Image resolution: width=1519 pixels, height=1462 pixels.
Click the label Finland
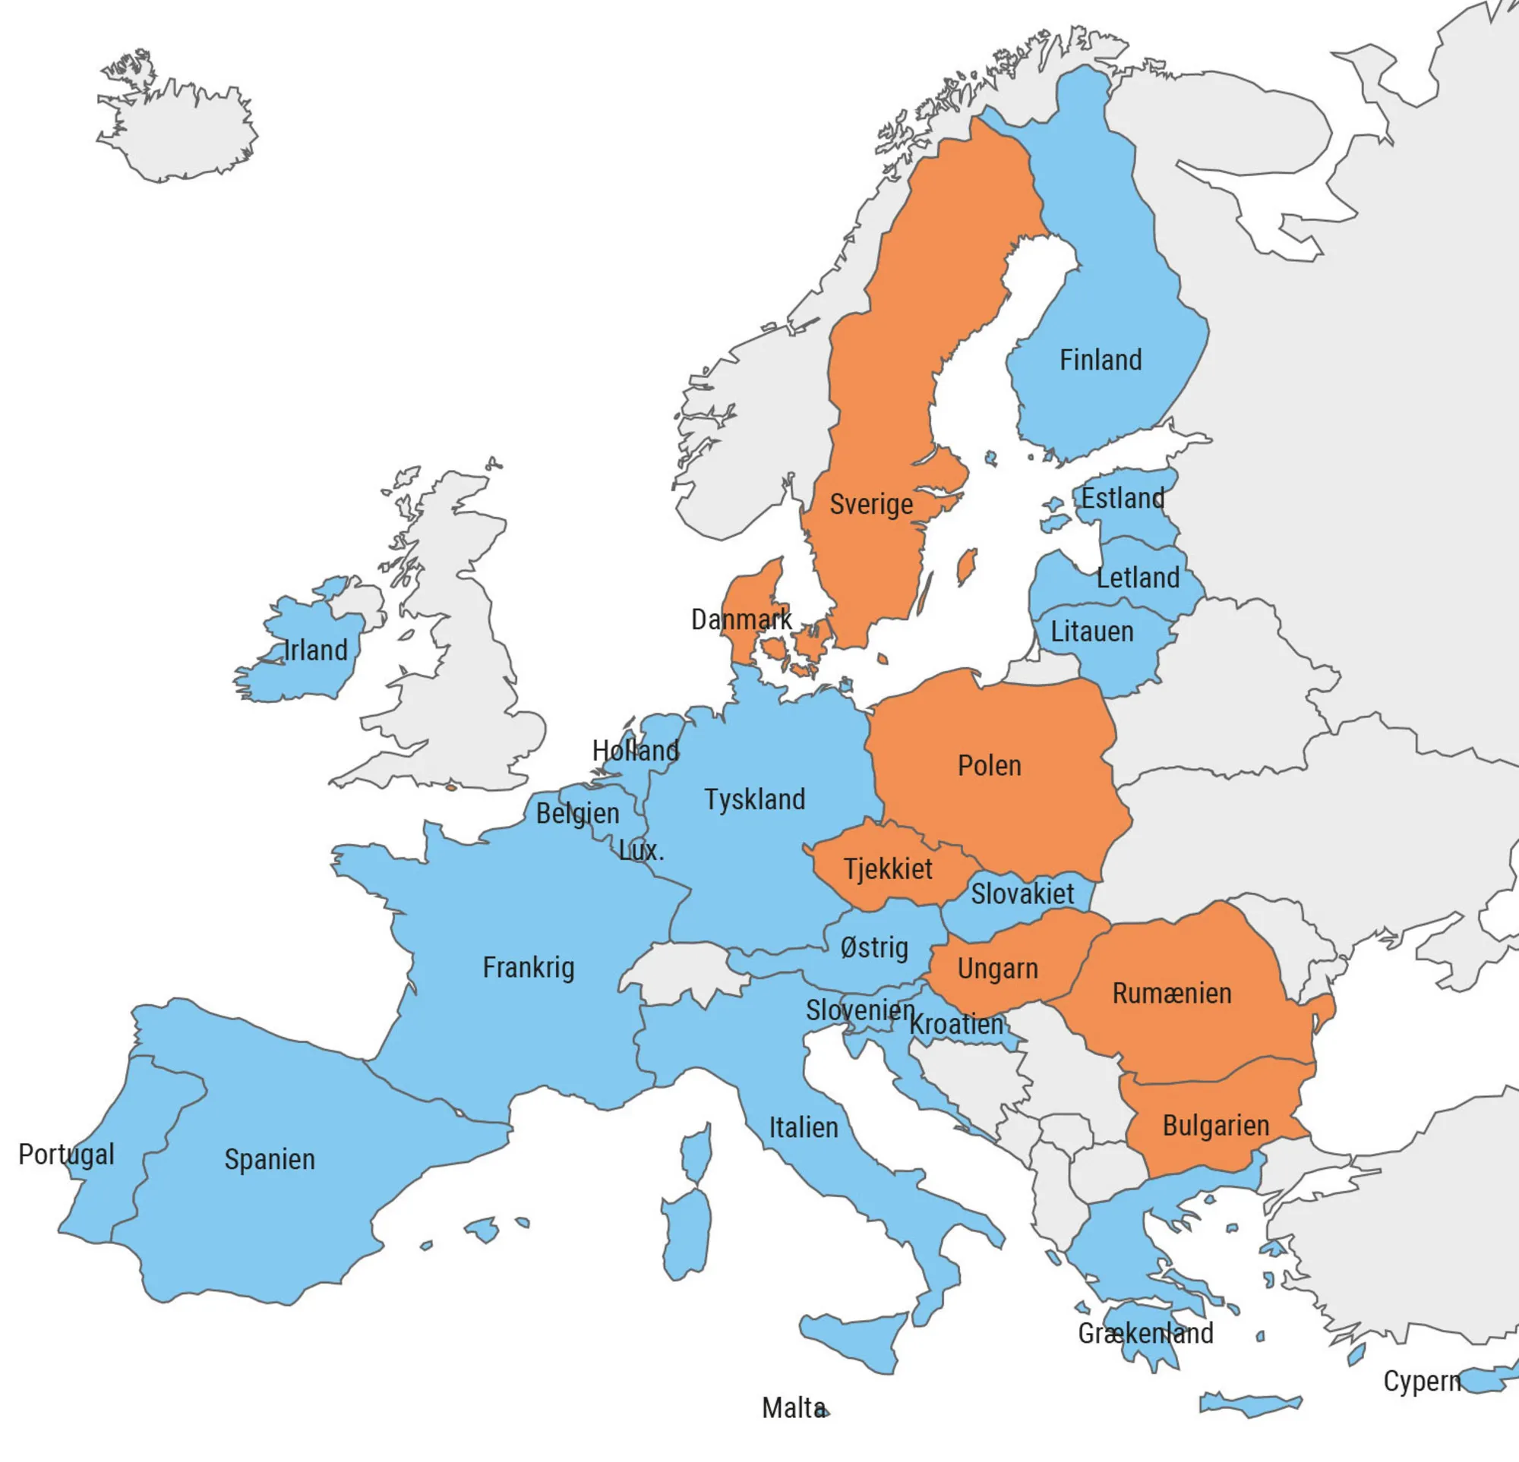tap(1101, 361)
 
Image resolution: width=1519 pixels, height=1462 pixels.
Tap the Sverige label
tap(871, 504)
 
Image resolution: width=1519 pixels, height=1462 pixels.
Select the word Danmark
tap(741, 620)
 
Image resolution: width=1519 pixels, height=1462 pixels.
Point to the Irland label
tap(315, 650)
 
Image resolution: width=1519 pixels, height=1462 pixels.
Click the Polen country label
tap(989, 765)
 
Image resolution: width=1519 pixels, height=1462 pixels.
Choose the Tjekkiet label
tap(887, 868)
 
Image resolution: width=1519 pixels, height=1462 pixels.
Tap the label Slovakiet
tap(1022, 893)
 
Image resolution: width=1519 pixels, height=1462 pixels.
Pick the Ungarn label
tap(997, 969)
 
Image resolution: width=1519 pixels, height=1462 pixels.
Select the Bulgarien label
tap(1215, 1125)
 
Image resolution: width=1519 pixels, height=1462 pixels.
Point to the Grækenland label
tap(1145, 1333)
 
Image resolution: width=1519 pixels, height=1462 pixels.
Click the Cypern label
tap(1421, 1381)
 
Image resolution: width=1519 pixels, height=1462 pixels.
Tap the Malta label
tap(792, 1408)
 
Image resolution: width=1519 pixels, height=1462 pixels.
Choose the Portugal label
tap(66, 1155)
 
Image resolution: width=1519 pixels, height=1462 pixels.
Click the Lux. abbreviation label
tap(641, 851)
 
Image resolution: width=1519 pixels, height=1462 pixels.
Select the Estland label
tap(1123, 498)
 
